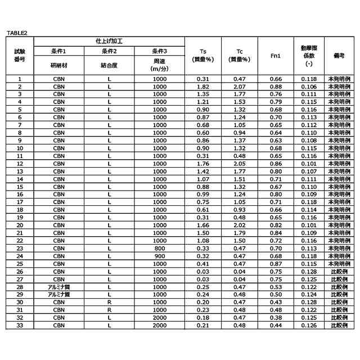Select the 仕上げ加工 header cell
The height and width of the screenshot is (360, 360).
pos(109,42)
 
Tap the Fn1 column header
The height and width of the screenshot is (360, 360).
pos(276,56)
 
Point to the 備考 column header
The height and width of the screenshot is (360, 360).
pos(339,56)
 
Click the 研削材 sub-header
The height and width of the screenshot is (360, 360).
pos(58,65)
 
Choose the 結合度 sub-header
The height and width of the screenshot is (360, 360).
pos(109,65)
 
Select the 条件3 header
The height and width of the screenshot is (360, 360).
pos(160,52)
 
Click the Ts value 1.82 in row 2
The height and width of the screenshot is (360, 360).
pos(203,87)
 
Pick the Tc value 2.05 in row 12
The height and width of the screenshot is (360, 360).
pos(239,163)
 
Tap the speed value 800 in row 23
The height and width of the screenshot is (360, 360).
pos(160,247)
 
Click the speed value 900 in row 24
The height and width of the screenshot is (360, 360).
pos(160,255)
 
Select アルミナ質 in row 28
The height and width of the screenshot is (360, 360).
pos(58,286)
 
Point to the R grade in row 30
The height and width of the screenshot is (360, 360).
pos(109,301)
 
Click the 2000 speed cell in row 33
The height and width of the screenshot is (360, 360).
pos(160,325)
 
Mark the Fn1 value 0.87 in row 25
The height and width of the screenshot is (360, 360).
pos(276,263)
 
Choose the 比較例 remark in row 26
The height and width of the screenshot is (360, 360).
pos(339,271)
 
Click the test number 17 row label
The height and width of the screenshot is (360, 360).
pos(20,201)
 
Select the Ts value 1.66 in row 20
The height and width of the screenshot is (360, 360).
pos(203,224)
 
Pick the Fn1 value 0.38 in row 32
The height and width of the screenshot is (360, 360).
pos(276,317)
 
